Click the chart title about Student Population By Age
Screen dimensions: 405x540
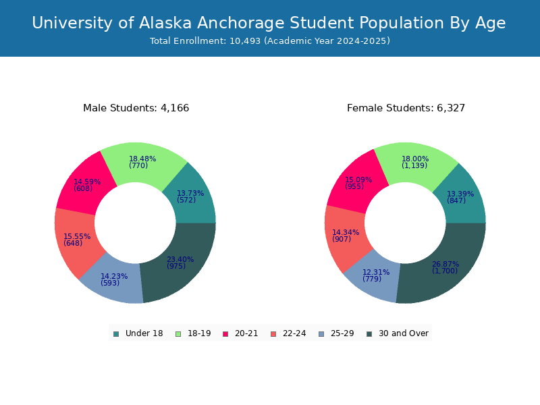(x=269, y=23)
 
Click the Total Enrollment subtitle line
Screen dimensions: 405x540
(x=270, y=41)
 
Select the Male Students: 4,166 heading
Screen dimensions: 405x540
(x=136, y=108)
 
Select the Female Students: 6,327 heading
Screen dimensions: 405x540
(x=406, y=108)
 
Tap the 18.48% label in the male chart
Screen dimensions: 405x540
(x=142, y=159)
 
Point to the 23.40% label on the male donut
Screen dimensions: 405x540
(x=180, y=259)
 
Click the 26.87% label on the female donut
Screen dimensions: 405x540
(x=446, y=264)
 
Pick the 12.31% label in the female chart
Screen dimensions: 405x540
(x=376, y=272)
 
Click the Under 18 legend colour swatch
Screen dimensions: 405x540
(x=116, y=333)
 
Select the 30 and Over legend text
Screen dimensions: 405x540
(x=403, y=333)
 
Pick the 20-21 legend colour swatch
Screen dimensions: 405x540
(x=225, y=333)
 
